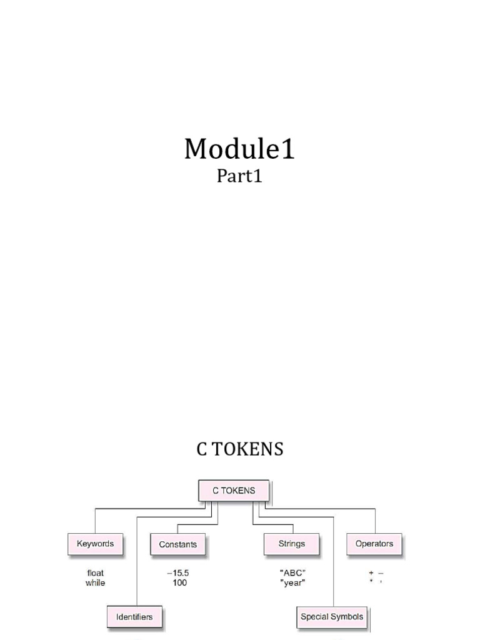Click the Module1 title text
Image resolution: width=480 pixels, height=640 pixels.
coord(239,149)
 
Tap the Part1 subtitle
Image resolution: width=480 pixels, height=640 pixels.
coord(239,177)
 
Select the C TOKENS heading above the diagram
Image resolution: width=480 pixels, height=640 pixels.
coord(239,449)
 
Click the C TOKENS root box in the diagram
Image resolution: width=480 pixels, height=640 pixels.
coord(234,491)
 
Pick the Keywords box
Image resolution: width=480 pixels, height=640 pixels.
coord(95,544)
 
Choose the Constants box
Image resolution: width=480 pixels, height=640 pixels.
coord(177,544)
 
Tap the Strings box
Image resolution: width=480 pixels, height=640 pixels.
coord(292,544)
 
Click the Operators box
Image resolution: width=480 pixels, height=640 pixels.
coord(374,544)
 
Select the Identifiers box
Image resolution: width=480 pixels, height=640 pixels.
coord(134,617)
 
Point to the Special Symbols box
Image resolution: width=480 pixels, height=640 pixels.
coord(332,617)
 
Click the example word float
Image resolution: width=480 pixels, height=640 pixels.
coord(96,573)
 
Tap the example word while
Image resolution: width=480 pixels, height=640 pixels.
coord(96,583)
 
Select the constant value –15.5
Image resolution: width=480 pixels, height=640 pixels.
coord(177,573)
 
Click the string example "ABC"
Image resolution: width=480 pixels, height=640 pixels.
coord(292,573)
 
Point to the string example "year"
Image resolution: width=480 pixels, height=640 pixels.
coord(292,583)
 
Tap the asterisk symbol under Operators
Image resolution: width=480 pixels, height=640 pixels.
coord(371,582)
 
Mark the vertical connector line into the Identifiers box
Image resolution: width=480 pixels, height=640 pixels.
coord(137,562)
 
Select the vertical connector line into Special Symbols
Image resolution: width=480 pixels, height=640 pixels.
coord(334,562)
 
